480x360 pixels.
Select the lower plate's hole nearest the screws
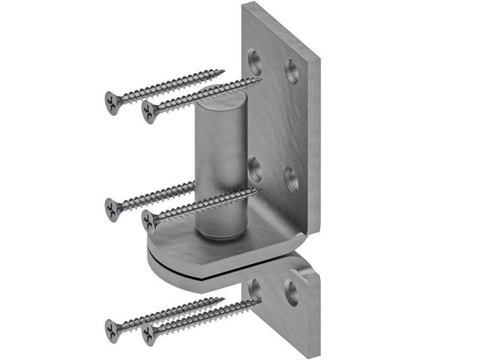[255, 287]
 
